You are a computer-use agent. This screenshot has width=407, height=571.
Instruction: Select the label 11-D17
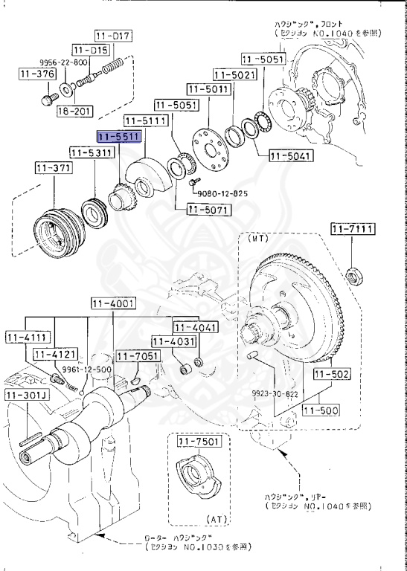(x=112, y=35)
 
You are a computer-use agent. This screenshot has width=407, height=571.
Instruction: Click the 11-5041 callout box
(x=291, y=156)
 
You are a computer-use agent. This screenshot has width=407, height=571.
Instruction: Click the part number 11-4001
(x=112, y=303)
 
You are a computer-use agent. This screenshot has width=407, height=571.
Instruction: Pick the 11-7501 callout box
(x=198, y=443)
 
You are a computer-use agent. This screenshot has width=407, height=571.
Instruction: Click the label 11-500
(x=320, y=410)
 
